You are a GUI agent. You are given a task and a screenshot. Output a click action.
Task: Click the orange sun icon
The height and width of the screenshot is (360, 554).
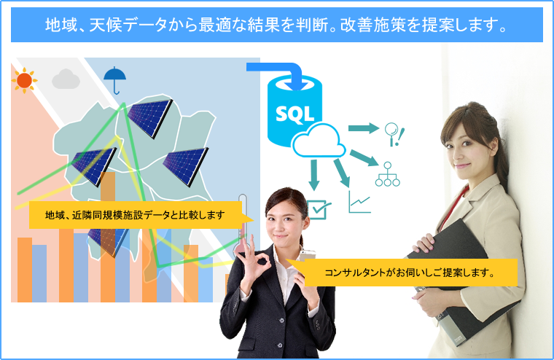24,80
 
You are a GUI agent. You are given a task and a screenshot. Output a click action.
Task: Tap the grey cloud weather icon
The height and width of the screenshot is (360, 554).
66,79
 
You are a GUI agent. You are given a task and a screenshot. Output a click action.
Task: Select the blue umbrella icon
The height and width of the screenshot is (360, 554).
115,80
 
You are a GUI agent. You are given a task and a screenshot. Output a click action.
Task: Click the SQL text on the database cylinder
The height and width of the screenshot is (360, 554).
294,114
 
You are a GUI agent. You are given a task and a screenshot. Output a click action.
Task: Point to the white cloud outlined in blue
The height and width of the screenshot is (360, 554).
319,141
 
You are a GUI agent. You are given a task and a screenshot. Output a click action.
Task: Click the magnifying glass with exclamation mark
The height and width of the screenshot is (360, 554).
394,134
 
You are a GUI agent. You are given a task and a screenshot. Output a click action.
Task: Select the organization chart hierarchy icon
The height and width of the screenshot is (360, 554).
388,174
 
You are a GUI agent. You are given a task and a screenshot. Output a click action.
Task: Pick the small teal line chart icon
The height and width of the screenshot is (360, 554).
359,202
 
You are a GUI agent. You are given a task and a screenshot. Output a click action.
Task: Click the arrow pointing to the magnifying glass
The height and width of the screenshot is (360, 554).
364,128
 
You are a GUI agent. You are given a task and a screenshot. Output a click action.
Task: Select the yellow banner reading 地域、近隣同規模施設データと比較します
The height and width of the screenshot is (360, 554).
141,215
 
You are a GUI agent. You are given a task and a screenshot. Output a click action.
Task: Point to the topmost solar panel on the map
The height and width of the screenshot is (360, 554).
150,117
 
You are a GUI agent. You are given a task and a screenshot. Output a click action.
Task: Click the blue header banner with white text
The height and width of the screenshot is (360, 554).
277,25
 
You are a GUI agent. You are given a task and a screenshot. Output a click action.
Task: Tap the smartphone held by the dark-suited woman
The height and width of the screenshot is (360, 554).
307,255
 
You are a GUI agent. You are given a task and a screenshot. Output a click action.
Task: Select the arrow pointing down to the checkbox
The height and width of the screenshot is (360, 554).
313,175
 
